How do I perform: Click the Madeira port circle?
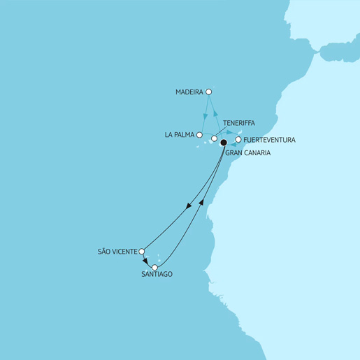tap(208, 92)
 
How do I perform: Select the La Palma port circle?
tap(200, 135)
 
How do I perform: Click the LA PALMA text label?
tap(180, 135)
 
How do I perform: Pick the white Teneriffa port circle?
tap(214, 138)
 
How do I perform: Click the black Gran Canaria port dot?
tap(223, 143)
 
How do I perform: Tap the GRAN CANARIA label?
tap(248, 152)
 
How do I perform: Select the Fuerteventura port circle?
tap(238, 139)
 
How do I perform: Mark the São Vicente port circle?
tap(142, 251)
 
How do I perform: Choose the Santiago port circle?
tap(154, 267)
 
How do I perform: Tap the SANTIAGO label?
tap(155, 275)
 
